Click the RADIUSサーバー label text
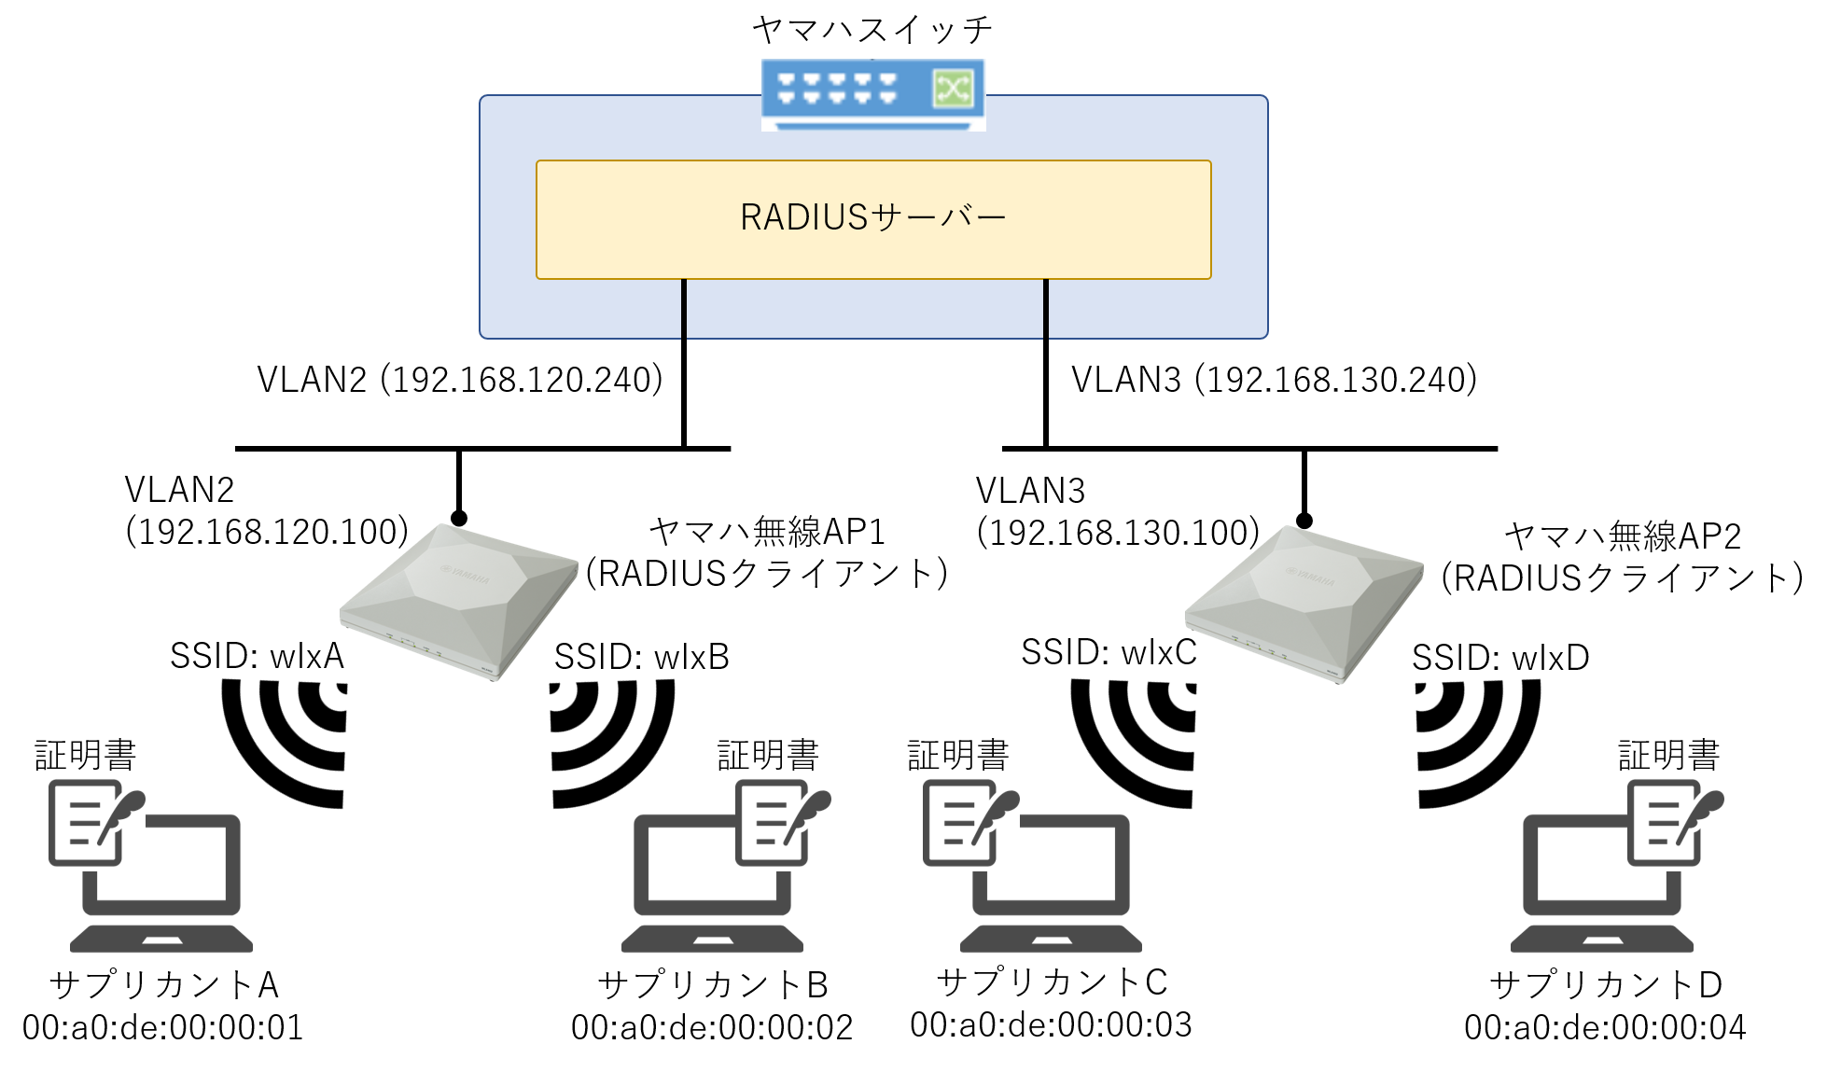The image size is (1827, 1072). click(872, 218)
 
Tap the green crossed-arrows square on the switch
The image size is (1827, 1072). click(953, 90)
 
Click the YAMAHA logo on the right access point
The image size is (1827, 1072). click(1311, 576)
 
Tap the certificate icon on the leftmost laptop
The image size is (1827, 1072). click(97, 823)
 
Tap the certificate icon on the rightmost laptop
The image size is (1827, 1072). click(1675, 823)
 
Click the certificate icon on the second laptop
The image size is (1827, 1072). click(783, 823)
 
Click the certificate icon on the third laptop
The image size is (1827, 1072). click(970, 823)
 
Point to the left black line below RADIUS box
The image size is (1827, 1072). click(684, 309)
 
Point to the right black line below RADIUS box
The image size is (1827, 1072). click(1046, 309)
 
